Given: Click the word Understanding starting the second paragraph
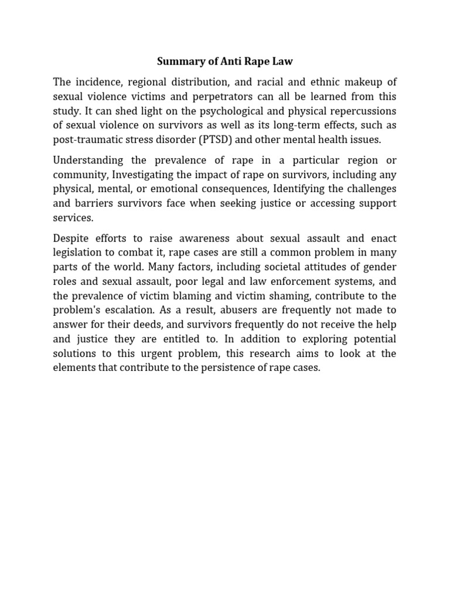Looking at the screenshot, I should tap(88, 160).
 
